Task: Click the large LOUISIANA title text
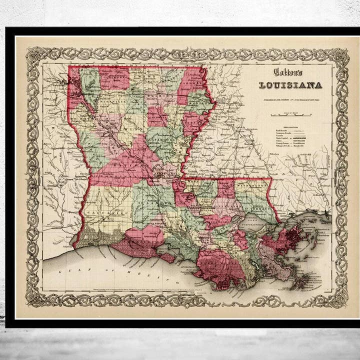click(x=290, y=85)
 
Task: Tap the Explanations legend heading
click(x=290, y=127)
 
